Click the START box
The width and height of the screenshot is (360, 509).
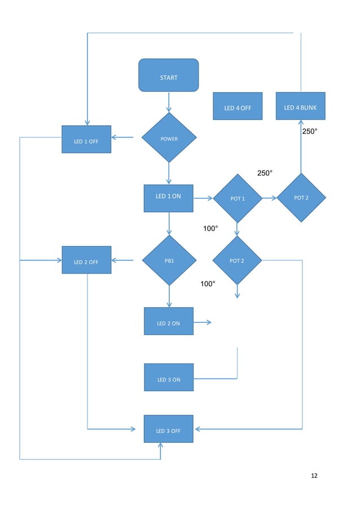pos(168,75)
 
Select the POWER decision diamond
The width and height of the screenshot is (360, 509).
pos(168,138)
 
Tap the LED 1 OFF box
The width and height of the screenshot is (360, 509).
pos(86,139)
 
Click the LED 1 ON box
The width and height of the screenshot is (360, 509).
pos(168,198)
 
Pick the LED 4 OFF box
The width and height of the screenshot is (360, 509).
pos(238,106)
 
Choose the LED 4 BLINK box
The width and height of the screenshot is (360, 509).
pos(300,106)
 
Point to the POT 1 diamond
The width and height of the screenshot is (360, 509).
pos(237,198)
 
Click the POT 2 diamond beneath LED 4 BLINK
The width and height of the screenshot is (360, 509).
pos(301,198)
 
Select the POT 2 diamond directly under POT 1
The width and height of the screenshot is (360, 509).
pos(237,260)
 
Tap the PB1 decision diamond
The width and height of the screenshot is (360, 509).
pos(169,260)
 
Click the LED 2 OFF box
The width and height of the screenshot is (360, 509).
pos(86,260)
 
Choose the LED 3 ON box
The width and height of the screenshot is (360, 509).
pos(168,378)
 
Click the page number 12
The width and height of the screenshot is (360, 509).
pos(314,476)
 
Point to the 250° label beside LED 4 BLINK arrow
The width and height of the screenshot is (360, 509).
pos(310,131)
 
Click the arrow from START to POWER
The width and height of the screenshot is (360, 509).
pos(168,102)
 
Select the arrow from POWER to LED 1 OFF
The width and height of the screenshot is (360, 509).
pos(122,137)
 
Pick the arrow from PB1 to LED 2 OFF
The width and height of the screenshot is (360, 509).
pos(122,260)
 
